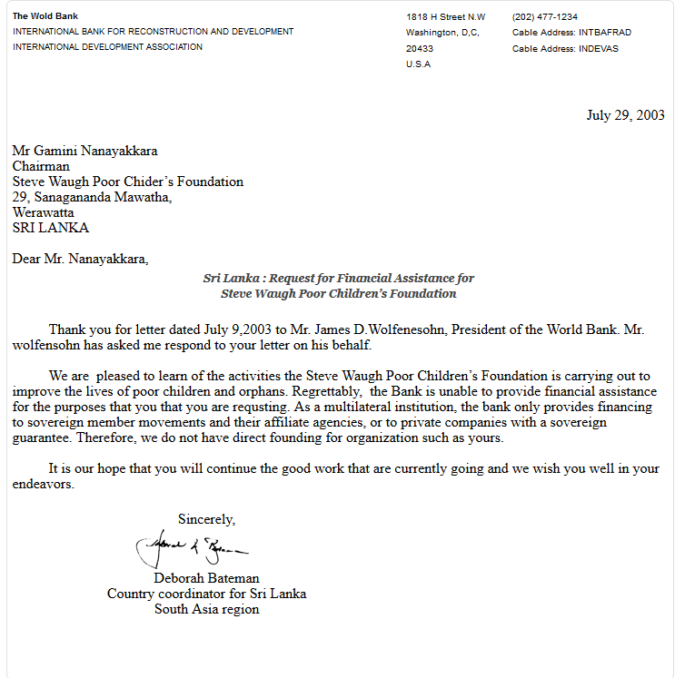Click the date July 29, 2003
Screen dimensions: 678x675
tap(625, 115)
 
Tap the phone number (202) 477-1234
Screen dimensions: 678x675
tap(544, 17)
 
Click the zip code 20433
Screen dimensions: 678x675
tap(420, 48)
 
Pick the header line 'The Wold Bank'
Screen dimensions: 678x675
tap(45, 16)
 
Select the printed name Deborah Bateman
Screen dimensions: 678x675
tap(206, 578)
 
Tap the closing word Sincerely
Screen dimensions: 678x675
tap(206, 520)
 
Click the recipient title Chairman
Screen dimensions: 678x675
tap(41, 166)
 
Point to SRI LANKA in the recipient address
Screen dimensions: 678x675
tap(51, 228)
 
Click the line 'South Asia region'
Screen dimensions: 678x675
tap(206, 609)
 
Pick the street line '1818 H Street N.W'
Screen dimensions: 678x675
tap(446, 17)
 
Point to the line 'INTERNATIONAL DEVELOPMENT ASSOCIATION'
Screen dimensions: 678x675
tap(108, 47)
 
